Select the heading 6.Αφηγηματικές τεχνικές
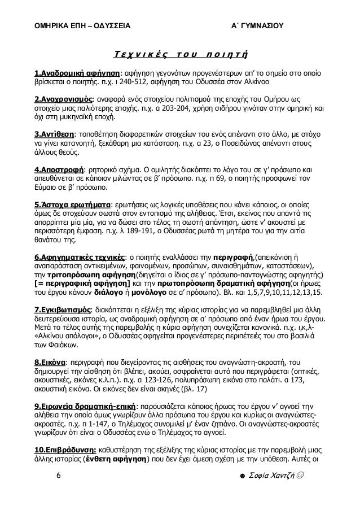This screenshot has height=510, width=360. (79, 259)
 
